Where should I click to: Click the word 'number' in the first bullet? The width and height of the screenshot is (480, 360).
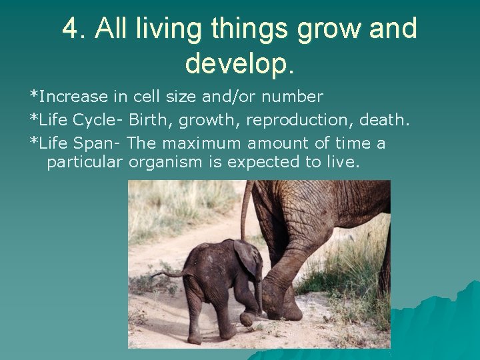292,97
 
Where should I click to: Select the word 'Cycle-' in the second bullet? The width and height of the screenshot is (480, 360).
99,120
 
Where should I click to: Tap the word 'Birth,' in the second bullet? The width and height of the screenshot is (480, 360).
151,120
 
